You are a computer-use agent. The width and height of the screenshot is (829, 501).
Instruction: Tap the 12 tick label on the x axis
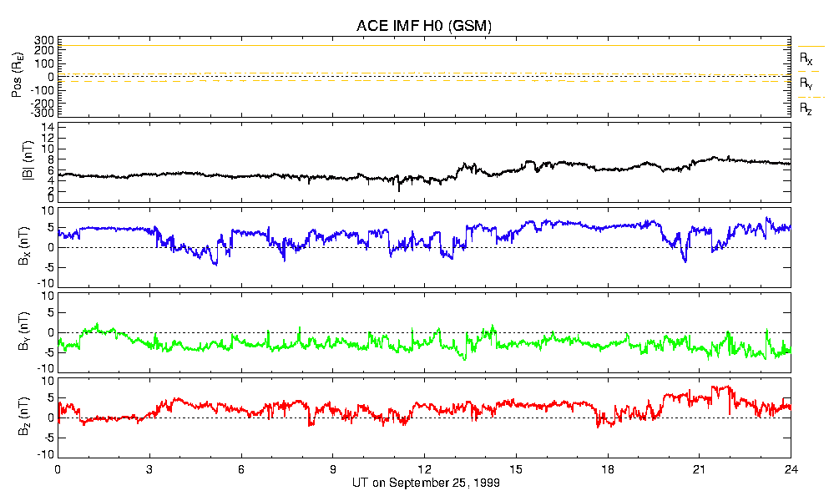point(424,470)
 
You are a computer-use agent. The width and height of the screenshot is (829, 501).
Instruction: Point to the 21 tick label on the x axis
point(700,470)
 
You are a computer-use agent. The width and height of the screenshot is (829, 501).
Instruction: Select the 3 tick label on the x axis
point(149,470)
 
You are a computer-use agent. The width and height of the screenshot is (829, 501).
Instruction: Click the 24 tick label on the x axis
point(791,470)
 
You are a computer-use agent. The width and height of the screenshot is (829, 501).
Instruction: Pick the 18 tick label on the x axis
point(608,470)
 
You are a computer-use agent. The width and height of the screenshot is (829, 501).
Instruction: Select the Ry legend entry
point(806,83)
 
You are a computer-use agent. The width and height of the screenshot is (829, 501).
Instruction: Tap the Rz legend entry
point(806,109)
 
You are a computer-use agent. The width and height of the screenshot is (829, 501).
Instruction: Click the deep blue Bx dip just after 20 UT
point(685,261)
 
